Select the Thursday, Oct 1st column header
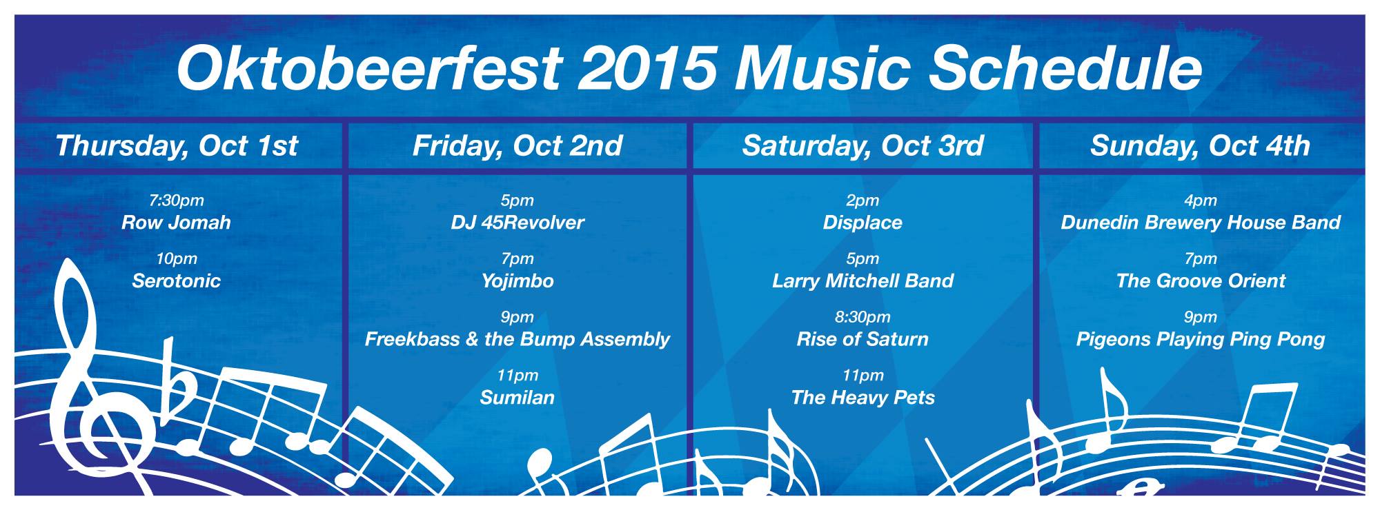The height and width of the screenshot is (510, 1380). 177,146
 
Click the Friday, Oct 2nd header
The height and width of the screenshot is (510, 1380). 517,146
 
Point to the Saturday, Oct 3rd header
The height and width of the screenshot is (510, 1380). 862,146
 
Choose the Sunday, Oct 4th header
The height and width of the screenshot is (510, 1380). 1200,146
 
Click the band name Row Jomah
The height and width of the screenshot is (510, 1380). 176,223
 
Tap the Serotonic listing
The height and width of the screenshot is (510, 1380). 176,280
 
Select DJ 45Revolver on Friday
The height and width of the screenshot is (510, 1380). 517,223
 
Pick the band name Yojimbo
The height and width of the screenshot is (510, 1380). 517,281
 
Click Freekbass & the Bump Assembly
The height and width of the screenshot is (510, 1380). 517,339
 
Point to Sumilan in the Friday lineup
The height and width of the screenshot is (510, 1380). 517,397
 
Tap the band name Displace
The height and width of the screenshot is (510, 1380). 862,223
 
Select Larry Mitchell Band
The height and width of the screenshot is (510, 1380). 862,280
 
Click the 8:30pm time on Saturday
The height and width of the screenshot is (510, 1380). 862,317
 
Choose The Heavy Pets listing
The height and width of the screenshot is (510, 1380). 862,398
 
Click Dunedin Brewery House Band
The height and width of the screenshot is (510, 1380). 1201,223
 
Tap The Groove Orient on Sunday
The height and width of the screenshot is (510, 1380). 1201,280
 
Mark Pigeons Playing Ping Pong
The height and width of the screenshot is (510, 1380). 1201,339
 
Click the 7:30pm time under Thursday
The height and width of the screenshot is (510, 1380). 177,201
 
